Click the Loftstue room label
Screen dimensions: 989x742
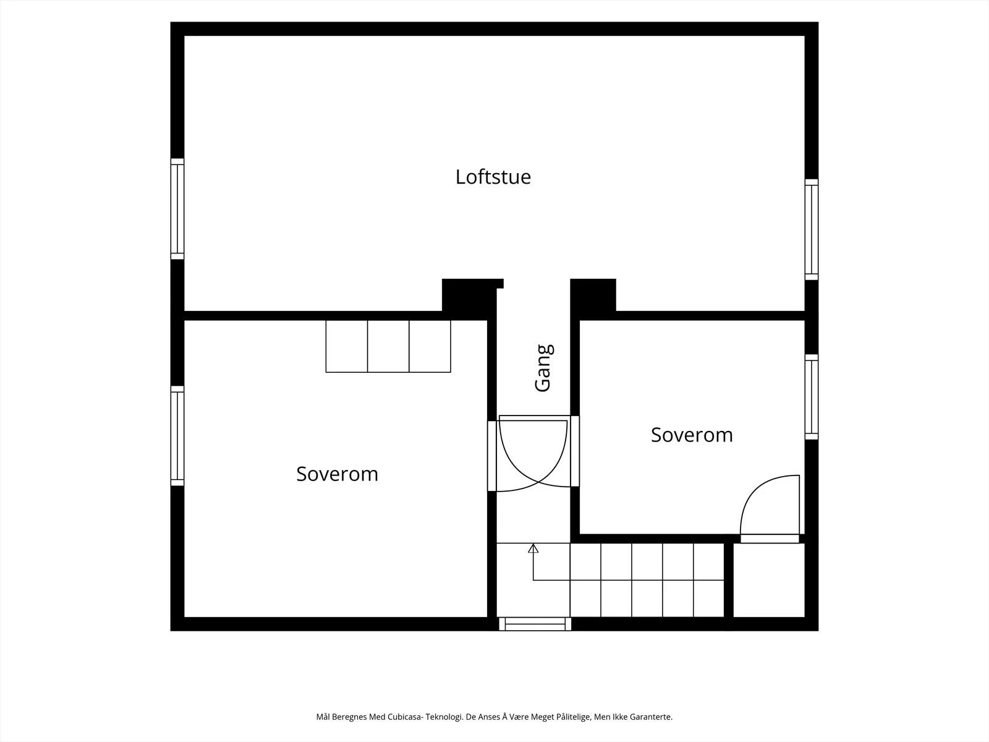coord(493,177)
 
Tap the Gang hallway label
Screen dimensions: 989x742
coord(544,368)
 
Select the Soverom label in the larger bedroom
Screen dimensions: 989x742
coord(337,474)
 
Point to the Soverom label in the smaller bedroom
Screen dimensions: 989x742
coord(692,435)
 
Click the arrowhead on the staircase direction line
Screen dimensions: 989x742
coord(533,548)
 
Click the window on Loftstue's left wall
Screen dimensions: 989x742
coord(177,209)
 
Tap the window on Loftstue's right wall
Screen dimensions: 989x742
coord(812,230)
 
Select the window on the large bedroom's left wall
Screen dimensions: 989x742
coord(177,436)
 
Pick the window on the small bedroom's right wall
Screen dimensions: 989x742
coord(812,397)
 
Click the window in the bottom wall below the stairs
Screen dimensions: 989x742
coord(535,624)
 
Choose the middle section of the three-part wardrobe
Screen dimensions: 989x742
coord(388,346)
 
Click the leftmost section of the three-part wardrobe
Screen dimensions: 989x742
coord(347,346)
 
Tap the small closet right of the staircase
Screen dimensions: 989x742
coord(769,580)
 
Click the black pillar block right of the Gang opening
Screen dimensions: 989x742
coord(593,295)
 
